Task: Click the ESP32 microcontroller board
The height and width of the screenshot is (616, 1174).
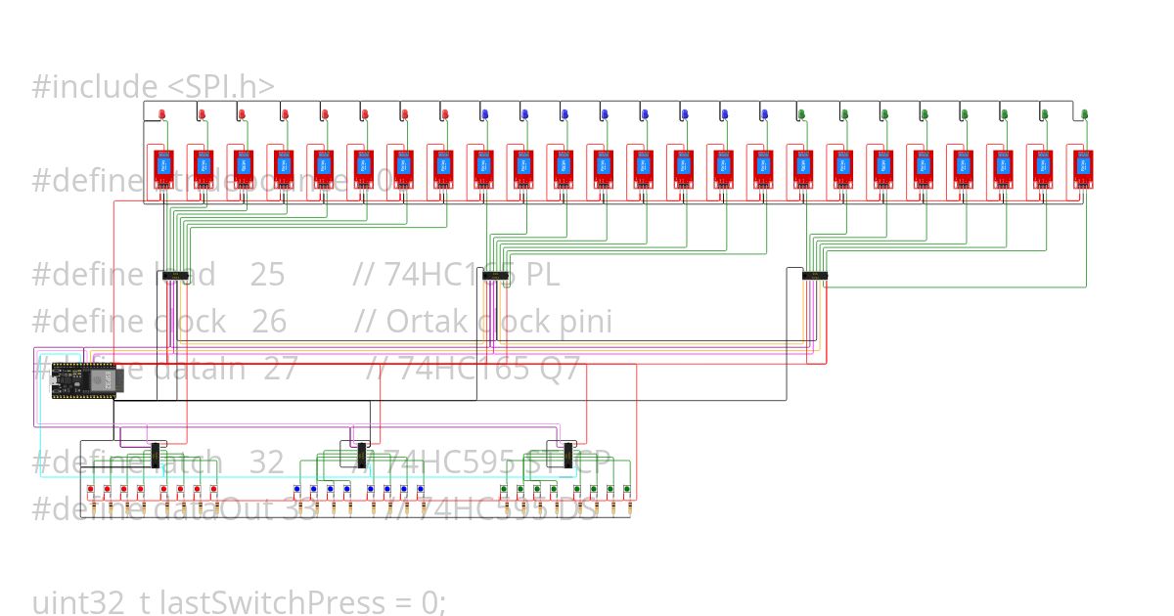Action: pyautogui.click(x=84, y=379)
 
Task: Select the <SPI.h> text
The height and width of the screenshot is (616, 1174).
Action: pyautogui.click(x=221, y=86)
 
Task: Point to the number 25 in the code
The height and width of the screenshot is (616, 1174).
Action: pyautogui.click(x=267, y=275)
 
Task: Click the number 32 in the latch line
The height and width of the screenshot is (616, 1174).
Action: pyautogui.click(x=266, y=462)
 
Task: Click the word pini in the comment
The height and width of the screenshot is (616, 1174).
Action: pyautogui.click(x=585, y=321)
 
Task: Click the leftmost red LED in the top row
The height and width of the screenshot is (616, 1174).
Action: pyautogui.click(x=162, y=115)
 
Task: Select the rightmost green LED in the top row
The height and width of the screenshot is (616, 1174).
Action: pyautogui.click(x=1084, y=115)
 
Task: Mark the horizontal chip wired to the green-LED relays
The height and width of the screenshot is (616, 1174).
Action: pyautogui.click(x=814, y=276)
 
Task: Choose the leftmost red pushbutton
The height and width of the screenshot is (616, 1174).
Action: pyautogui.click(x=90, y=489)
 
